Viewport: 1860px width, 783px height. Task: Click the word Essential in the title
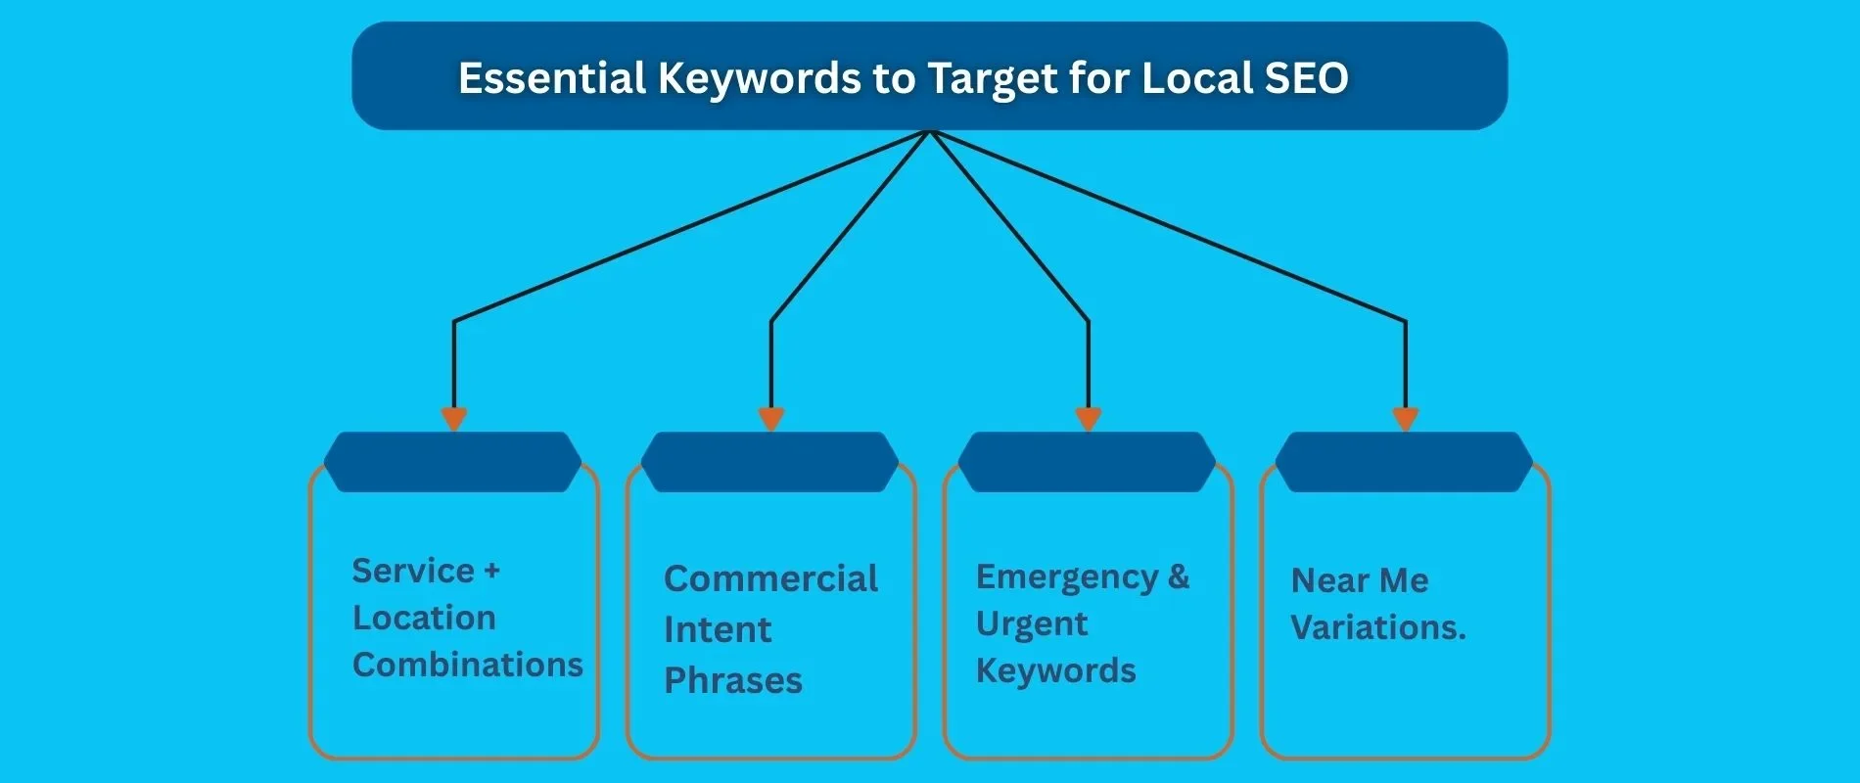click(551, 78)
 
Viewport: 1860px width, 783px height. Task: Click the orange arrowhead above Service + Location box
click(453, 419)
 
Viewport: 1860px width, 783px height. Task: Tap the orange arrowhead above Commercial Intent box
click(771, 419)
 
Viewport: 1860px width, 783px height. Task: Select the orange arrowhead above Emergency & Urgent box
click(1089, 419)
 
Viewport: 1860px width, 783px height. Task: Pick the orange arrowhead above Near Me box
click(1406, 419)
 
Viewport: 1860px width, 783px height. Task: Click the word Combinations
click(467, 665)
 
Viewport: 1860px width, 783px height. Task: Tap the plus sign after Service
click(491, 571)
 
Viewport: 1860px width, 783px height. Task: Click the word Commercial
click(770, 578)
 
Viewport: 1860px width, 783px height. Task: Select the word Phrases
click(732, 680)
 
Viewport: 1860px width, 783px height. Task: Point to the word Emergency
click(1066, 576)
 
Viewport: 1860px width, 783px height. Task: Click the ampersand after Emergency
click(1180, 576)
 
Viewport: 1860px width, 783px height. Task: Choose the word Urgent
click(1031, 624)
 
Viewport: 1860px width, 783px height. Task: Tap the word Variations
click(1376, 627)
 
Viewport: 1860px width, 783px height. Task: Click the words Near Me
click(1360, 580)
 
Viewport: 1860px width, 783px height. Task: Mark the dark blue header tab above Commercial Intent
click(769, 462)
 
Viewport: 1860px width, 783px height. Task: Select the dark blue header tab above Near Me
click(1404, 462)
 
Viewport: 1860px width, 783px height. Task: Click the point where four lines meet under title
click(930, 132)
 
